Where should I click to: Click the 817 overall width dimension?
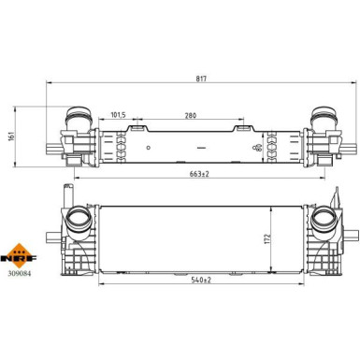(x=201, y=79)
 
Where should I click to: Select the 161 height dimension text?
(x=11, y=137)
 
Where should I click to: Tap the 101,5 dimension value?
(x=118, y=115)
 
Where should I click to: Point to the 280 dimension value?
(x=191, y=116)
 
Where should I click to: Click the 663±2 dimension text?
(x=199, y=174)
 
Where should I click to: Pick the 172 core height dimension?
(x=267, y=238)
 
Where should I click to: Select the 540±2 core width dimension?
(x=201, y=280)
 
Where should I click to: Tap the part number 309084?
(x=20, y=274)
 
